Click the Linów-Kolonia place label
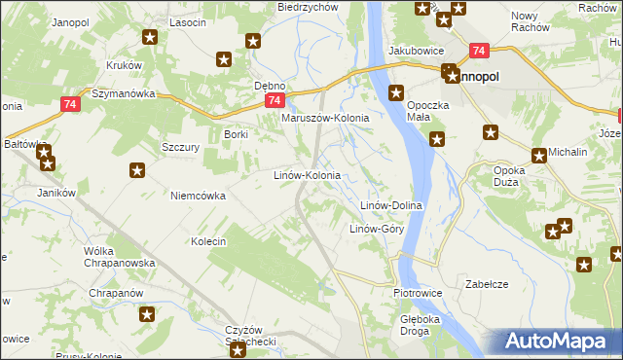[x=306, y=176]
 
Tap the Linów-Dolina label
[x=390, y=206]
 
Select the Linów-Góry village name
[x=376, y=230]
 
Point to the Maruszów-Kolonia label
[x=325, y=119]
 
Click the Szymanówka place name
[x=123, y=94]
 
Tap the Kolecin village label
[x=208, y=241]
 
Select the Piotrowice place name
[x=418, y=293]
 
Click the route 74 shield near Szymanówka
[x=68, y=104]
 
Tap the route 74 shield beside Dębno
[x=275, y=100]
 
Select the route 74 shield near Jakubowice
[x=478, y=51]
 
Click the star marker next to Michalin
[x=539, y=154]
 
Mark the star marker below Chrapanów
[x=147, y=314]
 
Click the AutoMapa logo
[x=556, y=342]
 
